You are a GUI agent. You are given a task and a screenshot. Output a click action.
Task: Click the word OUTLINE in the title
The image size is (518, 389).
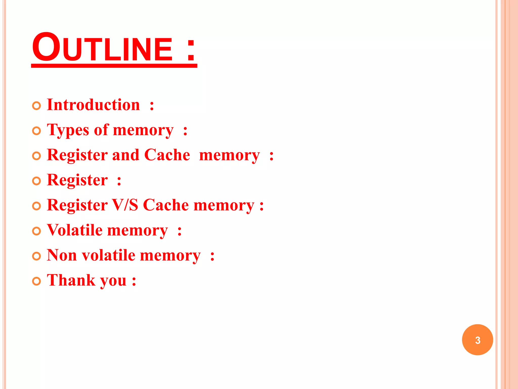(102, 48)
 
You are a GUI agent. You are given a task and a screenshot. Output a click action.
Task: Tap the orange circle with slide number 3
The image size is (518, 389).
(477, 340)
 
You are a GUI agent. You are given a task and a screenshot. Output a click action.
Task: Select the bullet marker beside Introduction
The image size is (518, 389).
(37, 106)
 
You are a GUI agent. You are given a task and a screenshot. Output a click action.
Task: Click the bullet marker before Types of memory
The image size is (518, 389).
(37, 131)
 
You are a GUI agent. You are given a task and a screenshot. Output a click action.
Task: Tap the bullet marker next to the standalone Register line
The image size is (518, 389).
(37, 181)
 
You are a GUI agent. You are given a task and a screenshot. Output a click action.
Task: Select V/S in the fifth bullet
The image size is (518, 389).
(125, 205)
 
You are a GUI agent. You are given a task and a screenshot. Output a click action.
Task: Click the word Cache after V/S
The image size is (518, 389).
(166, 205)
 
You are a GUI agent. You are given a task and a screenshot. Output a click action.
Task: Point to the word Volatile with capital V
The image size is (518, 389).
(75, 230)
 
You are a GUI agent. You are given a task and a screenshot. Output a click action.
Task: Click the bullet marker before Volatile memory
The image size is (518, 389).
(37, 231)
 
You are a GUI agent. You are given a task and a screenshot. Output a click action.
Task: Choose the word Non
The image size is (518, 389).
(62, 255)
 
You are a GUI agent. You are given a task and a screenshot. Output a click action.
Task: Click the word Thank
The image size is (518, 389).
(71, 280)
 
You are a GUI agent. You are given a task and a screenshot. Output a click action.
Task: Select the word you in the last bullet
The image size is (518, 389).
(113, 281)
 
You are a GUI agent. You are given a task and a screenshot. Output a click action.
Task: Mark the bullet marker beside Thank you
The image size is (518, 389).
(37, 281)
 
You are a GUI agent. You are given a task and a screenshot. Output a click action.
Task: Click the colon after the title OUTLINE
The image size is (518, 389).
(191, 50)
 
